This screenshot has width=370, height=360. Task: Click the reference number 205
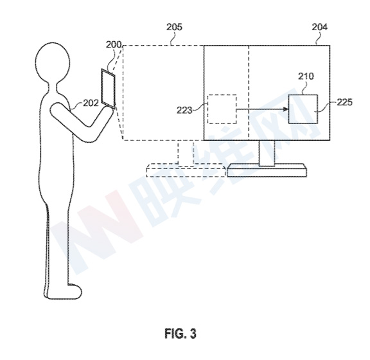click(174, 27)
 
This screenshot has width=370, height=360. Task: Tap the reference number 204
click(320, 27)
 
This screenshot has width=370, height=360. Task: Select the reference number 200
click(114, 44)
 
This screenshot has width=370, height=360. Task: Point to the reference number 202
click(91, 103)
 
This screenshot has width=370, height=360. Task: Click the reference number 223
click(184, 110)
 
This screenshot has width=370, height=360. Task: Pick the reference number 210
click(306, 76)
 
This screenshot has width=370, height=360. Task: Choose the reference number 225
click(344, 102)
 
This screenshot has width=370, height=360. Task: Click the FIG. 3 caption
click(181, 333)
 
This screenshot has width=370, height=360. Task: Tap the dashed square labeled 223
click(222, 109)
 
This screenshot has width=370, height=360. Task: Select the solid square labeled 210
click(303, 109)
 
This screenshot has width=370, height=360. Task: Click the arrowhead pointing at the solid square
click(286, 109)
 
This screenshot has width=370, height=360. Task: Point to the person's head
click(53, 62)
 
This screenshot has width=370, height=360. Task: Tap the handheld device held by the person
click(109, 89)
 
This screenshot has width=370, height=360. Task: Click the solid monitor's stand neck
click(267, 153)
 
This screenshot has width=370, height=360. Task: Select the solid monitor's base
click(267, 171)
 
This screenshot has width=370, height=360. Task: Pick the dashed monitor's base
click(186, 170)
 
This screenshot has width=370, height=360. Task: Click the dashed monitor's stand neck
click(186, 152)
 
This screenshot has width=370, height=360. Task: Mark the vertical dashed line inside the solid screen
click(249, 93)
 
